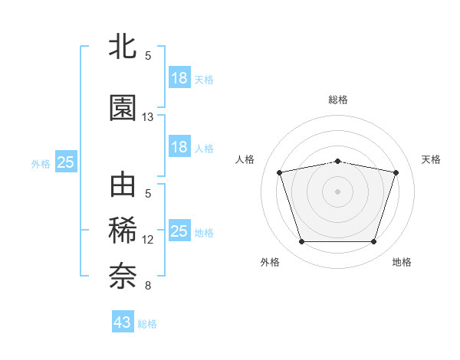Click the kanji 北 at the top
123,47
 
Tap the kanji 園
123,108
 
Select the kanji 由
123,186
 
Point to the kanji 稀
123,231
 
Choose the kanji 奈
123,276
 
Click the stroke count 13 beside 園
148,117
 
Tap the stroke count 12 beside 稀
148,240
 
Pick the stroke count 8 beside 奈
148,286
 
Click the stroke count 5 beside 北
148,56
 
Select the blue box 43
123,322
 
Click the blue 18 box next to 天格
179,78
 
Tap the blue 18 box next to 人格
179,147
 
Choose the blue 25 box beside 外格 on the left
65,162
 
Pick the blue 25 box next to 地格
179,231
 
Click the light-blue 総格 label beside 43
147,324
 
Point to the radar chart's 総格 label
338,100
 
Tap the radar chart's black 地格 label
402,262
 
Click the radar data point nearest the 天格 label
396,172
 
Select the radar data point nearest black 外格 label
301,242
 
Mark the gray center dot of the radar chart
338,191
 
